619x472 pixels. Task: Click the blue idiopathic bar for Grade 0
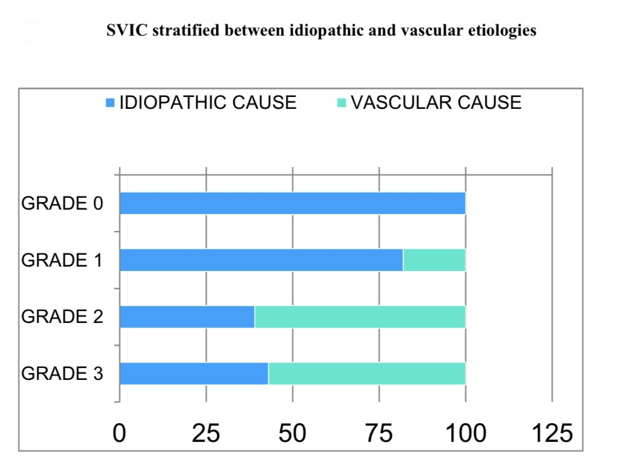click(292, 203)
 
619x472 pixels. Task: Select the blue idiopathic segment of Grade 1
click(261, 260)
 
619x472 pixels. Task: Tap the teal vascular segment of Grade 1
click(434, 260)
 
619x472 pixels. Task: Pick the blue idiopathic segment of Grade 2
click(187, 317)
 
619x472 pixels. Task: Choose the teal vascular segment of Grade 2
click(360, 317)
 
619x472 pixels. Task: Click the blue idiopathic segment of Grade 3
click(193, 373)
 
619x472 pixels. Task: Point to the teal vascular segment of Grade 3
click(367, 373)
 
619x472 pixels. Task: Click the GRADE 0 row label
click(62, 204)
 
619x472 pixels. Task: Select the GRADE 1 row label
click(62, 260)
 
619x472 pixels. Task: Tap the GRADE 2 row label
click(62, 317)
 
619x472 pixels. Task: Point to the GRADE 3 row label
click(62, 374)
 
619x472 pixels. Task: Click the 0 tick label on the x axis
click(120, 433)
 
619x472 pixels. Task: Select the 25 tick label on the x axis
click(206, 433)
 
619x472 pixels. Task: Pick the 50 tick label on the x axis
click(292, 433)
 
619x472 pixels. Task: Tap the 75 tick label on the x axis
click(379, 433)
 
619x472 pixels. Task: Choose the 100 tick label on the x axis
click(465, 433)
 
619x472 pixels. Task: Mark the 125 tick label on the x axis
click(551, 433)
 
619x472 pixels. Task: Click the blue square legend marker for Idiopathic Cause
click(110, 103)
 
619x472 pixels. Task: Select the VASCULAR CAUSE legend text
click(436, 102)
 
